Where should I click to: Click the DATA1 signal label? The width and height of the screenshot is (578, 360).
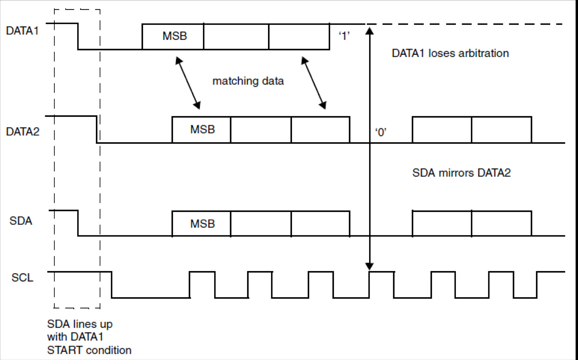(x=22, y=31)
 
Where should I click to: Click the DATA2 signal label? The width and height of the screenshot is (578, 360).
(x=23, y=132)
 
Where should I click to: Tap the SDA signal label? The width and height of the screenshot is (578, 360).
(x=21, y=221)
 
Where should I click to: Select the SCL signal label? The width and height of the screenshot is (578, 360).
(x=22, y=277)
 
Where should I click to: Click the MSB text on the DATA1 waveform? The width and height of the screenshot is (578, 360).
(x=175, y=36)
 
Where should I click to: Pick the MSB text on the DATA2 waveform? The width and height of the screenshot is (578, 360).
(x=202, y=130)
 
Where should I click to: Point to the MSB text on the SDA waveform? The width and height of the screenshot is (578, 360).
(x=202, y=224)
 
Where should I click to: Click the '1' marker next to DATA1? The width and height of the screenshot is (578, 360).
(x=344, y=36)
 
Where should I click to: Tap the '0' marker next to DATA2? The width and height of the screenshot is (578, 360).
(x=381, y=132)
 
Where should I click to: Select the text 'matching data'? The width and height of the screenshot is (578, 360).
(x=248, y=81)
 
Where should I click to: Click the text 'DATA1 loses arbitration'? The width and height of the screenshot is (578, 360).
(x=450, y=53)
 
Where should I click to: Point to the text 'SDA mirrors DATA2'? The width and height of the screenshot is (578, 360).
(x=461, y=173)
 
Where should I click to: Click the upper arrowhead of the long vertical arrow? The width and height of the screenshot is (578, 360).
(x=369, y=30)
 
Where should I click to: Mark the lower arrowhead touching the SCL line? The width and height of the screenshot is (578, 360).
(x=369, y=266)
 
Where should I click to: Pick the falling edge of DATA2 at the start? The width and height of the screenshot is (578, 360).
(x=97, y=129)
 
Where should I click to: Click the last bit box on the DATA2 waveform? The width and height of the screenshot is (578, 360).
(x=501, y=130)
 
